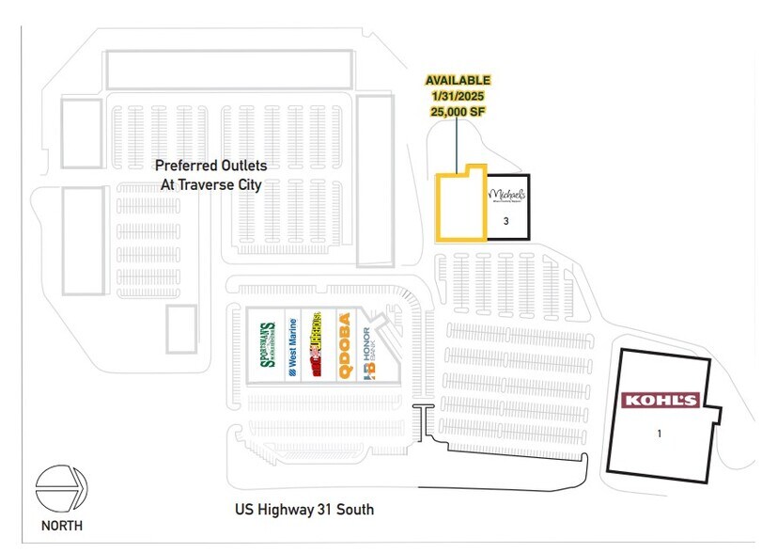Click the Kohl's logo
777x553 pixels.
661,401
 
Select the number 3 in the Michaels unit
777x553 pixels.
505,221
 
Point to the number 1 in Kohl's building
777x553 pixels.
660,434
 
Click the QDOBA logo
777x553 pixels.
345,345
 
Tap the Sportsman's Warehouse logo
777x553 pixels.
267,345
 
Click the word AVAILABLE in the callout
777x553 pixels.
458,81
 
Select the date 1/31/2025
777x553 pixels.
458,96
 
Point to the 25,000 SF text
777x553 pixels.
458,111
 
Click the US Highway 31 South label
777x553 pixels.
304,511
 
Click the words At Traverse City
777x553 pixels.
210,184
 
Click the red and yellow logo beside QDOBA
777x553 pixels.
319,345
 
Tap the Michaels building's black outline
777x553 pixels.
530,207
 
